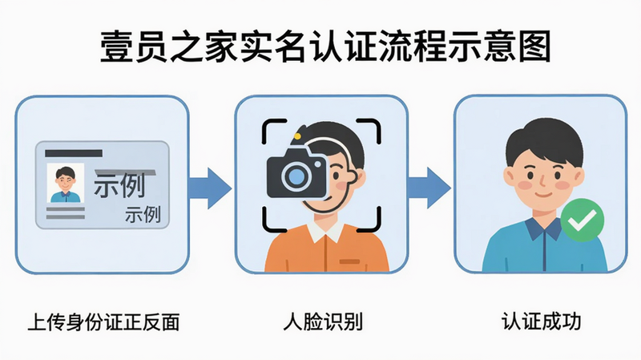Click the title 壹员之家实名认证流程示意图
click(x=325, y=47)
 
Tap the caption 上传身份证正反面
click(x=104, y=322)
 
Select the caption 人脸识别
click(x=323, y=322)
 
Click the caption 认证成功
click(x=542, y=322)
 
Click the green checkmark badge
click(x=583, y=220)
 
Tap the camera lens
click(x=296, y=176)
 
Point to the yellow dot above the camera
click(x=297, y=136)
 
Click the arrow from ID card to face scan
click(x=210, y=188)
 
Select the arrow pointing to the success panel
click(x=429, y=188)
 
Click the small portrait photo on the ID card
click(x=66, y=184)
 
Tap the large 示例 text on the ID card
click(x=119, y=185)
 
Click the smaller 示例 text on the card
click(x=143, y=214)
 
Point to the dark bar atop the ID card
click(x=74, y=153)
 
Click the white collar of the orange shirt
click(x=326, y=232)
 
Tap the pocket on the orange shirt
click(x=349, y=261)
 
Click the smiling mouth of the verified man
click(x=544, y=194)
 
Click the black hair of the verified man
click(x=544, y=139)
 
